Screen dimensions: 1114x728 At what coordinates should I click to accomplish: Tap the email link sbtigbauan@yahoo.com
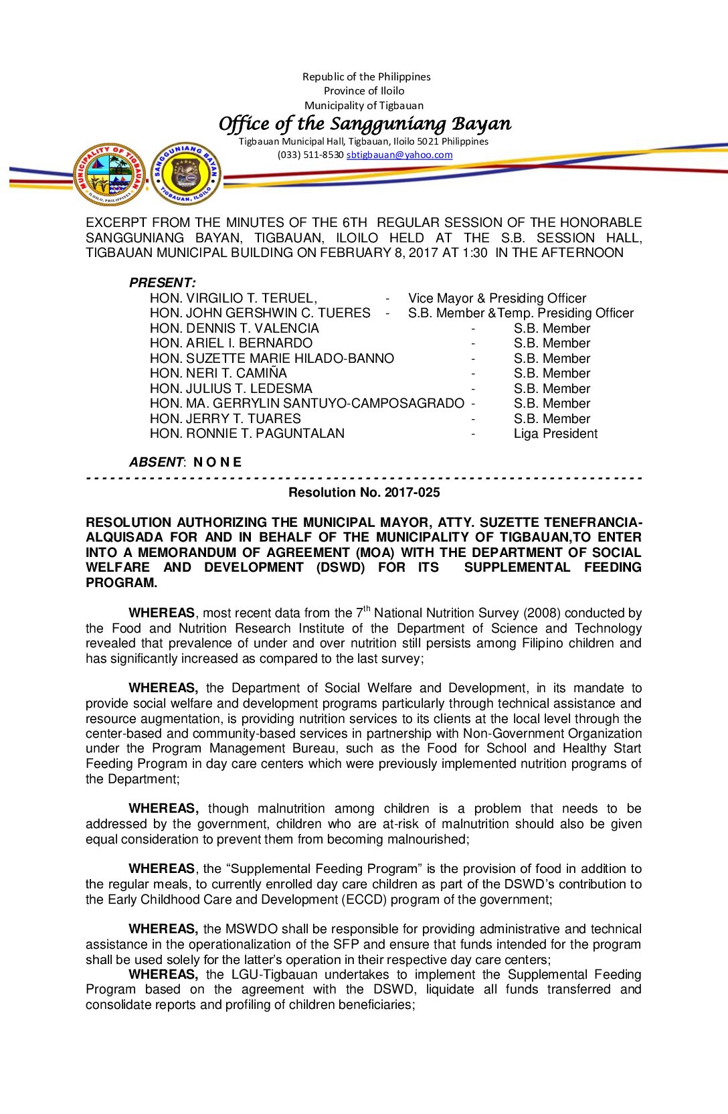(x=399, y=155)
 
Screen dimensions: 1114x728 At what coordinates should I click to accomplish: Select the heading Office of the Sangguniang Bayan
(x=365, y=124)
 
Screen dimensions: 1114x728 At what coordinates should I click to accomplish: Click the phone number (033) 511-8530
(x=310, y=155)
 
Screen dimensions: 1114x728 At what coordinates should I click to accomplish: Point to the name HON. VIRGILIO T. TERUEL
(x=234, y=298)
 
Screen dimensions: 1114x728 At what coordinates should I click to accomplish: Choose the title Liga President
(x=555, y=434)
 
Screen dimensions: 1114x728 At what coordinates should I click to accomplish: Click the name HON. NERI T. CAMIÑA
(x=218, y=374)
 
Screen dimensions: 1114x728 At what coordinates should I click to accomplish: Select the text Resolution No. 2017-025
(x=364, y=493)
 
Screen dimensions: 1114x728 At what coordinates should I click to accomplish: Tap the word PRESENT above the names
(x=162, y=283)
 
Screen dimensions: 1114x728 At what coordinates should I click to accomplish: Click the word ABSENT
(x=156, y=462)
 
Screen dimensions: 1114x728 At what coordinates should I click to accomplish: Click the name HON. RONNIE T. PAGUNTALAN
(x=247, y=434)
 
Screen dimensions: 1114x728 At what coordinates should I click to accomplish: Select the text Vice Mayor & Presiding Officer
(x=497, y=298)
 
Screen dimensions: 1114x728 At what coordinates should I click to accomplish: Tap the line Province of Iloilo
(x=364, y=91)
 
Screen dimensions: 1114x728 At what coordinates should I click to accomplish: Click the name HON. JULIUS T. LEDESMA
(x=231, y=388)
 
